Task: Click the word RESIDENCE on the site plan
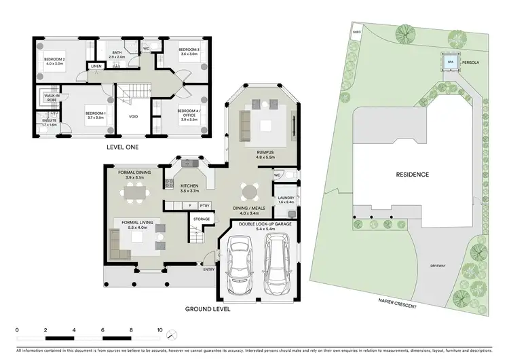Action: [413, 175]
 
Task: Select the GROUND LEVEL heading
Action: [208, 308]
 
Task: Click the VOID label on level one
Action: [134, 116]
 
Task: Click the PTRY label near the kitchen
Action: [204, 204]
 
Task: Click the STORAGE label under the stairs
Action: [201, 219]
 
